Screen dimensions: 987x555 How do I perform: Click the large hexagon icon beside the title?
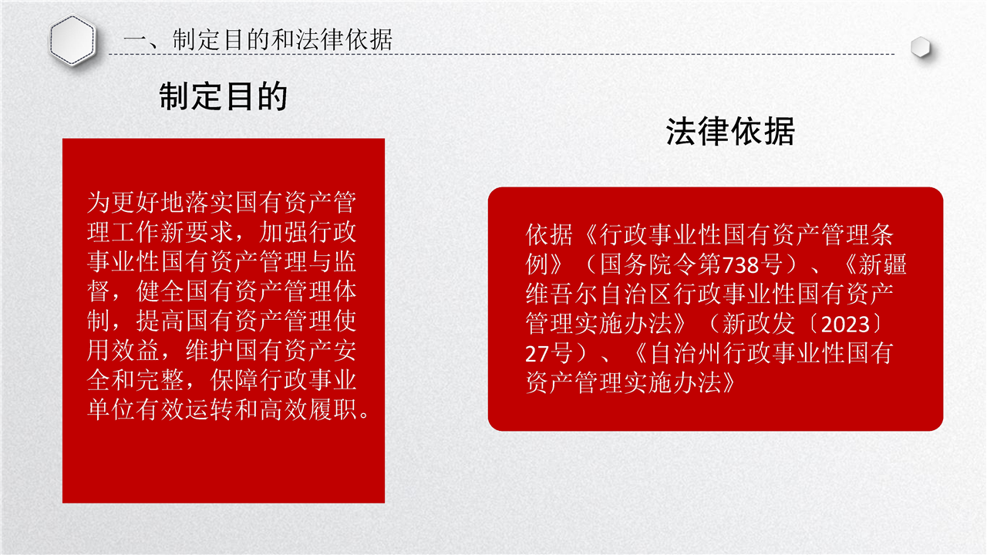click(72, 40)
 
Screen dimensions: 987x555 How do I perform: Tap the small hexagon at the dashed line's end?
click(921, 47)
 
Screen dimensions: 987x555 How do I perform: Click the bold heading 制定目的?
click(224, 96)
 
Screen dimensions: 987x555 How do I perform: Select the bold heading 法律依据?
click(730, 131)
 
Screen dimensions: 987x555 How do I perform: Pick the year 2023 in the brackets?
click(845, 325)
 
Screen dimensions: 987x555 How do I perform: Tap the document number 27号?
click(549, 354)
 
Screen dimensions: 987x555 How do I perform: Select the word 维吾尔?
click(562, 294)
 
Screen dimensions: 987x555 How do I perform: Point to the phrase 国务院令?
click(648, 264)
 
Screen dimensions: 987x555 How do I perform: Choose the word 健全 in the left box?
click(160, 291)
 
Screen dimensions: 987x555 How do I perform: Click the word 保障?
click(234, 380)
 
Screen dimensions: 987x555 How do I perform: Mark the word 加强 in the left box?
click(284, 232)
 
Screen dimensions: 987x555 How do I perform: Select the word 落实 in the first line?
click(210, 203)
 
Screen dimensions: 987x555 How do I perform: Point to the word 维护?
click(210, 350)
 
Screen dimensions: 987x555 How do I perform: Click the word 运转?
click(210, 409)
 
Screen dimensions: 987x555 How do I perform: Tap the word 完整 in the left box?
click(160, 380)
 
